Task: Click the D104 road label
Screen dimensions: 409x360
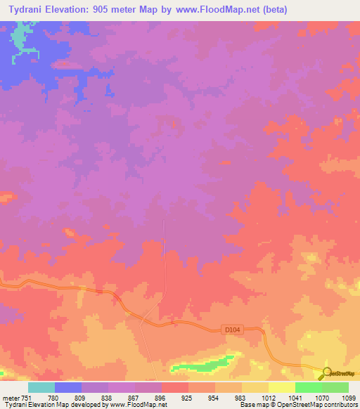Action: pos(232,328)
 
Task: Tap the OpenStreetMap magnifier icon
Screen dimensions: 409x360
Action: pos(327,372)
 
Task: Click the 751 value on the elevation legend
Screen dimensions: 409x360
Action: pos(27,398)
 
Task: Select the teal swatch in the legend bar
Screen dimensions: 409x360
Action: pos(41,387)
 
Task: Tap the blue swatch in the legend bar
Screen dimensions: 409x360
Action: pos(68,387)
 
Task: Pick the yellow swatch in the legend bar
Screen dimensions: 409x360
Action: pos(281,387)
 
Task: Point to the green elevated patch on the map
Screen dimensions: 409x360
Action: pos(204,365)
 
